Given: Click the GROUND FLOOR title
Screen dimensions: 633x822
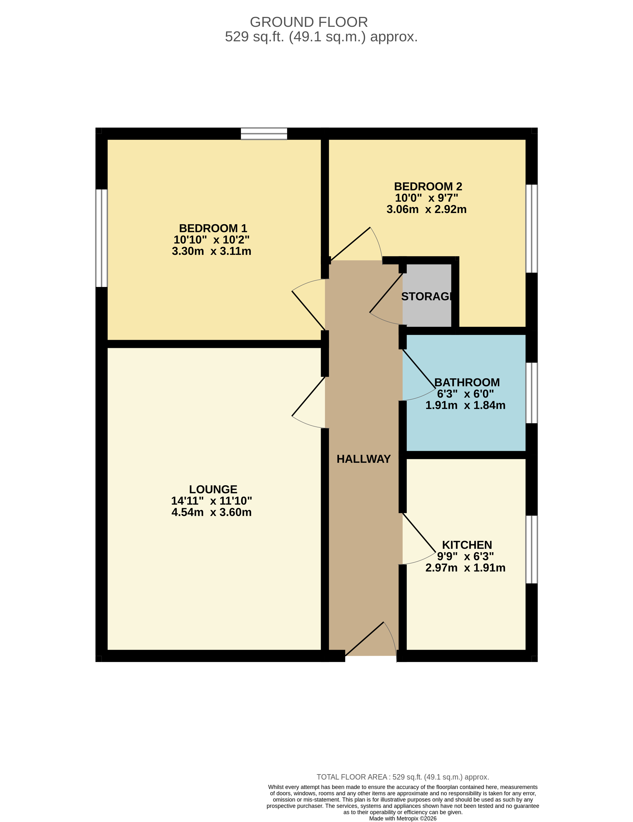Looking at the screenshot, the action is pyautogui.click(x=309, y=22).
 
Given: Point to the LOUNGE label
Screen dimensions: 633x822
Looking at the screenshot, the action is pyautogui.click(x=213, y=489).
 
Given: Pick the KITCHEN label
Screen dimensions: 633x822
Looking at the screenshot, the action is pyautogui.click(x=467, y=545).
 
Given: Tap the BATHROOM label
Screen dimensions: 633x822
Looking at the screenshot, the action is pyautogui.click(x=467, y=382).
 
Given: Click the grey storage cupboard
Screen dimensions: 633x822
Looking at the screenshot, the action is pyautogui.click(x=427, y=295).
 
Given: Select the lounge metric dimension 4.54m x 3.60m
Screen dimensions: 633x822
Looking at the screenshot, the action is pyautogui.click(x=212, y=512).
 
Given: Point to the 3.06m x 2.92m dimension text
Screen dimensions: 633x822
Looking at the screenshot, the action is pyautogui.click(x=427, y=209).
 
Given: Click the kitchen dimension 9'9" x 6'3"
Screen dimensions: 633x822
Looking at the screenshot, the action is pyautogui.click(x=465, y=556).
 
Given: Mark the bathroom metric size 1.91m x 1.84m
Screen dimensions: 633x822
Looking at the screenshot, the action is pyautogui.click(x=465, y=405).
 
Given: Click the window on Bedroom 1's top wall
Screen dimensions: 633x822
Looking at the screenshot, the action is pyautogui.click(x=264, y=134).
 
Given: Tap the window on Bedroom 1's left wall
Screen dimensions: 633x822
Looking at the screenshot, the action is pyautogui.click(x=101, y=238).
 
